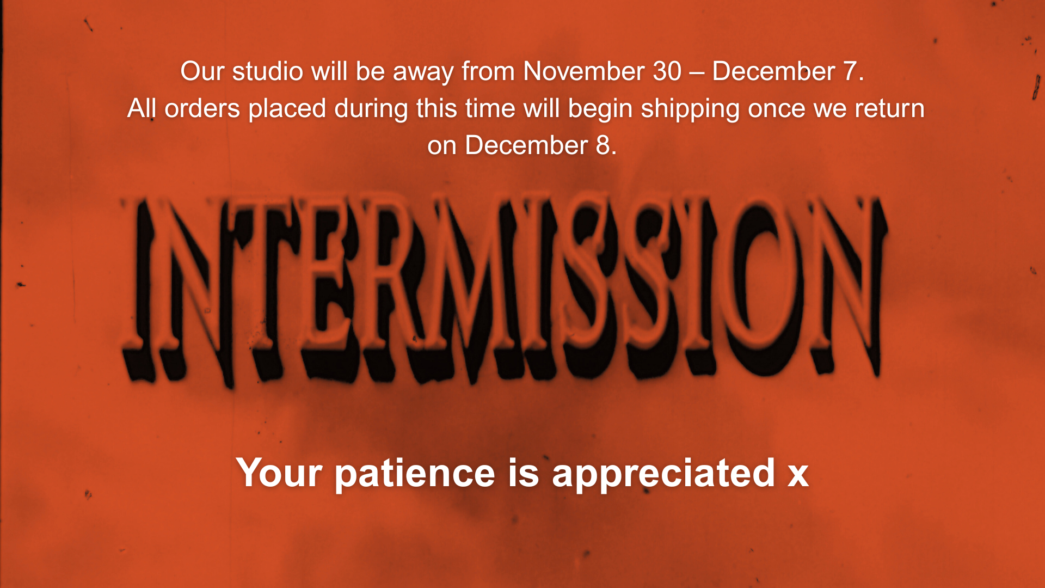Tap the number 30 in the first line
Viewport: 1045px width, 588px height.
coord(667,71)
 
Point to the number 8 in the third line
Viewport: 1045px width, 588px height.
coord(603,145)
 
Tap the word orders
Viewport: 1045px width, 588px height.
coord(202,108)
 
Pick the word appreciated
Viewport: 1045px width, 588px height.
coord(663,473)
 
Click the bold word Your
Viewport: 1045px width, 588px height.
coord(279,473)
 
